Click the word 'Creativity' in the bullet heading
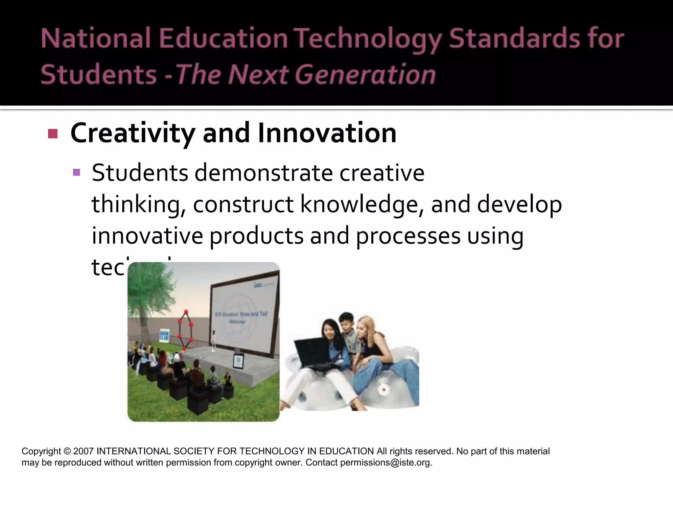132,133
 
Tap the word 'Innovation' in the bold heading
327,133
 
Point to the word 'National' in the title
96,39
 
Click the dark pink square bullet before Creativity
53,133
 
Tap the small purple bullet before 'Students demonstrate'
77,172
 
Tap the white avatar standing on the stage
214,340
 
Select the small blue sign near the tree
164,334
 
